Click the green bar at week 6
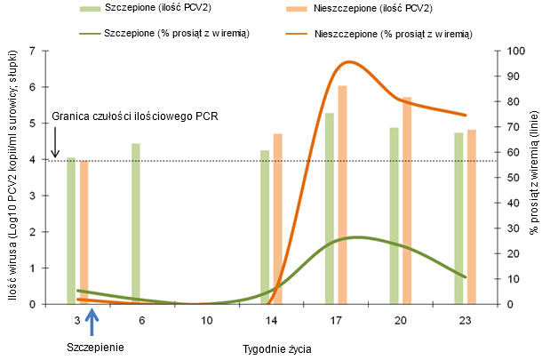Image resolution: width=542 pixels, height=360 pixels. [x=136, y=223]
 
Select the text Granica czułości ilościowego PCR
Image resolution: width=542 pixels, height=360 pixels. [x=135, y=116]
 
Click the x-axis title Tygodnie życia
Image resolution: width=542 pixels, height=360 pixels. [x=276, y=348]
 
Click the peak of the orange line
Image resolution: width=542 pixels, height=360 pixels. [x=347, y=62]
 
